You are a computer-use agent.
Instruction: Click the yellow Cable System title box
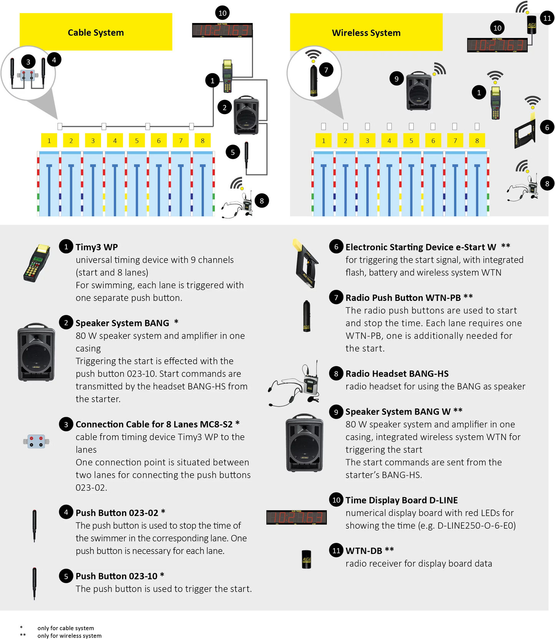[96, 32]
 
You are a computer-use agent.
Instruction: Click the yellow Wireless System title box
[366, 33]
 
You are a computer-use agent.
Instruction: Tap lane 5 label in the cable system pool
[137, 141]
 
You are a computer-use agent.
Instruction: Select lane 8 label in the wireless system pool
[477, 141]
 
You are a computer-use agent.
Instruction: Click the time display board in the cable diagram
[222, 30]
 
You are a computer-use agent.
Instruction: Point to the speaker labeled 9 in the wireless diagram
[419, 91]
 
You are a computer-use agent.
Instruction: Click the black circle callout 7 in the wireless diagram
[326, 70]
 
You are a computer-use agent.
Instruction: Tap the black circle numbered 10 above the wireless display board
[497, 28]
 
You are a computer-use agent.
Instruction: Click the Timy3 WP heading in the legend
[96, 247]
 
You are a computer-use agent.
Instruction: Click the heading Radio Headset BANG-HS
[397, 373]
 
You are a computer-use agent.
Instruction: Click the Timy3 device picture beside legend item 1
[36, 263]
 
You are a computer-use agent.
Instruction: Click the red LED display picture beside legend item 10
[296, 517]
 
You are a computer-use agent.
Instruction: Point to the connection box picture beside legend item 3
[36, 441]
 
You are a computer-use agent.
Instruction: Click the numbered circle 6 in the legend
[336, 247]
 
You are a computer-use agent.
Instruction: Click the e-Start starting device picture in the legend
[305, 264]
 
